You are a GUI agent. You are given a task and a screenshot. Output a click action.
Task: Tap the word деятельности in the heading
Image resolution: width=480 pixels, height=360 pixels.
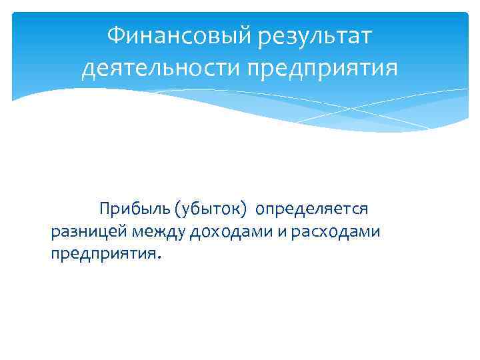(x=159, y=68)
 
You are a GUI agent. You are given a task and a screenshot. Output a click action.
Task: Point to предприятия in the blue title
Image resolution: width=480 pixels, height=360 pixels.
(x=322, y=68)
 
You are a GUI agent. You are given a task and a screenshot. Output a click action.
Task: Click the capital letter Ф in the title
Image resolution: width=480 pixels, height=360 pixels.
(x=115, y=35)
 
